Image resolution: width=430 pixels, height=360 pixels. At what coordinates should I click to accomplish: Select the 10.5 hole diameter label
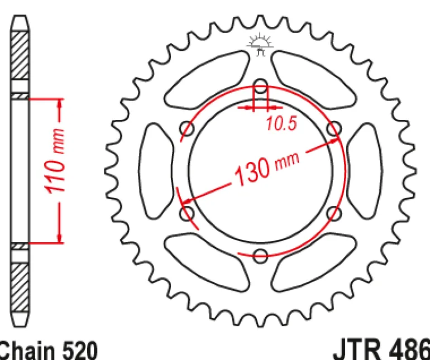pos(281,123)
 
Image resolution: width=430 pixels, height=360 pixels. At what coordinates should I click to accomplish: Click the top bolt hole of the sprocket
pos(260,86)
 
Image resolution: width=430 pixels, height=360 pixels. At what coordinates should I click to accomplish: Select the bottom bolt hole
pos(260,256)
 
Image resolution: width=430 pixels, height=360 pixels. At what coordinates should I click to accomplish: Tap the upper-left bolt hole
pos(187,128)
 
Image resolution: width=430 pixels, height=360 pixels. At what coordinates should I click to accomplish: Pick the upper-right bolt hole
pos(335,128)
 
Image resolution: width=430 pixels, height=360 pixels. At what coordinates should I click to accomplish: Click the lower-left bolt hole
pos(187,214)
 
